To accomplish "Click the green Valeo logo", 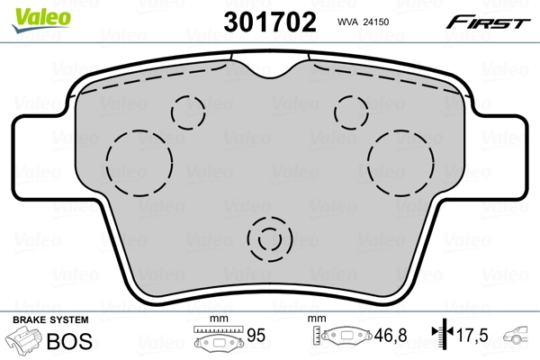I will tap(32, 12).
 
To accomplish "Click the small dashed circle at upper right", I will tap(349, 111).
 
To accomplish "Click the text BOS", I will tap(76, 340).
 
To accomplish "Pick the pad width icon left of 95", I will tap(218, 339).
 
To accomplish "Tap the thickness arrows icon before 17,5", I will tap(441, 336).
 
